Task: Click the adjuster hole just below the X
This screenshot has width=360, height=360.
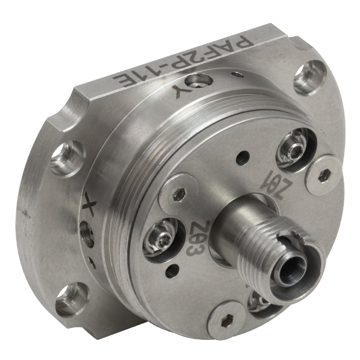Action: click(x=87, y=234)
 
